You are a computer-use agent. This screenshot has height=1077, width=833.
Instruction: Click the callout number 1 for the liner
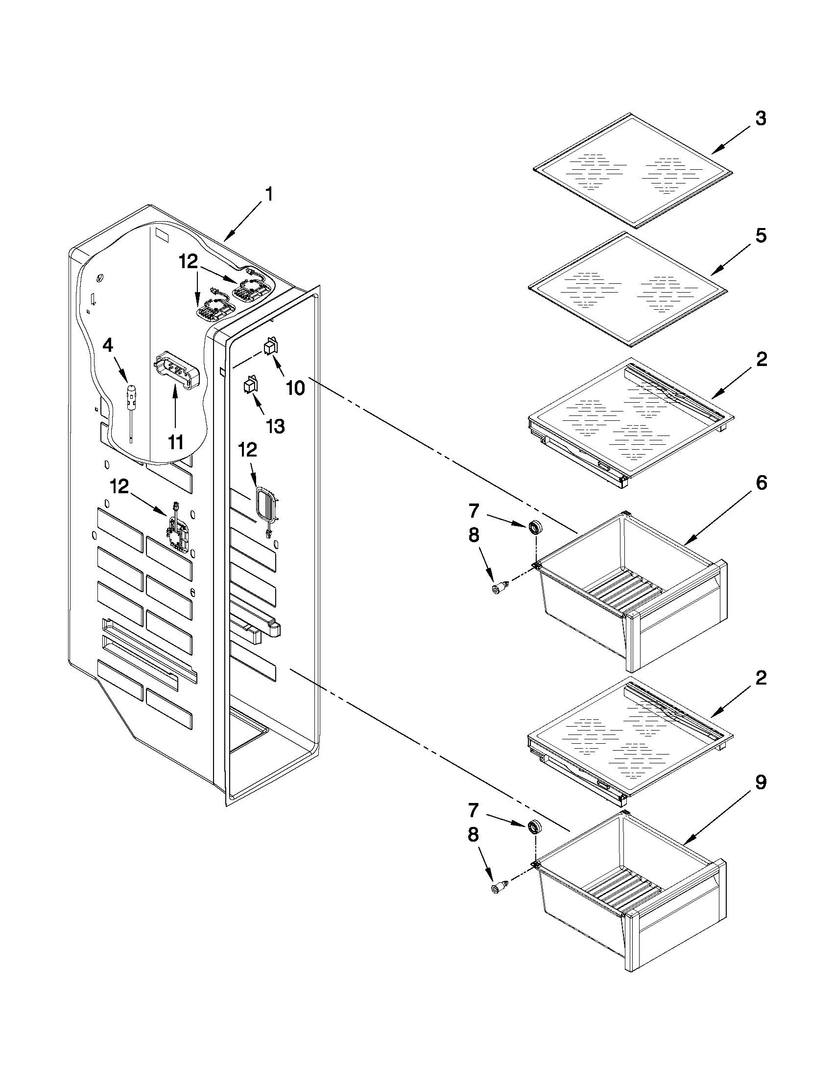pyautogui.click(x=269, y=195)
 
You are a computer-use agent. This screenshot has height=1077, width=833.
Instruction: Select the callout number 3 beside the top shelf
pyautogui.click(x=761, y=119)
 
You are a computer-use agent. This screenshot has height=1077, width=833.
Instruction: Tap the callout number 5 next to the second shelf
pyautogui.click(x=761, y=236)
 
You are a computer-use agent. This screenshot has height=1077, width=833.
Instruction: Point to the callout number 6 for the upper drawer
pyautogui.click(x=761, y=484)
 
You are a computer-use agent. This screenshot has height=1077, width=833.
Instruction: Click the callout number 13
pyautogui.click(x=275, y=426)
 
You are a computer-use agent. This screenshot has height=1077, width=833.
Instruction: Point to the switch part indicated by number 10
pyautogui.click(x=271, y=346)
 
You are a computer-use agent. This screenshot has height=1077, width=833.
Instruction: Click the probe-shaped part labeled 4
pyautogui.click(x=131, y=402)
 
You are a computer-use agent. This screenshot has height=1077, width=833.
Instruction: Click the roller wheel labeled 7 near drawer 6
pyautogui.click(x=534, y=528)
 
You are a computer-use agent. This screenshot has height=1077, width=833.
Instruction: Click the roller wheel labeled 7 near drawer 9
pyautogui.click(x=534, y=826)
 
